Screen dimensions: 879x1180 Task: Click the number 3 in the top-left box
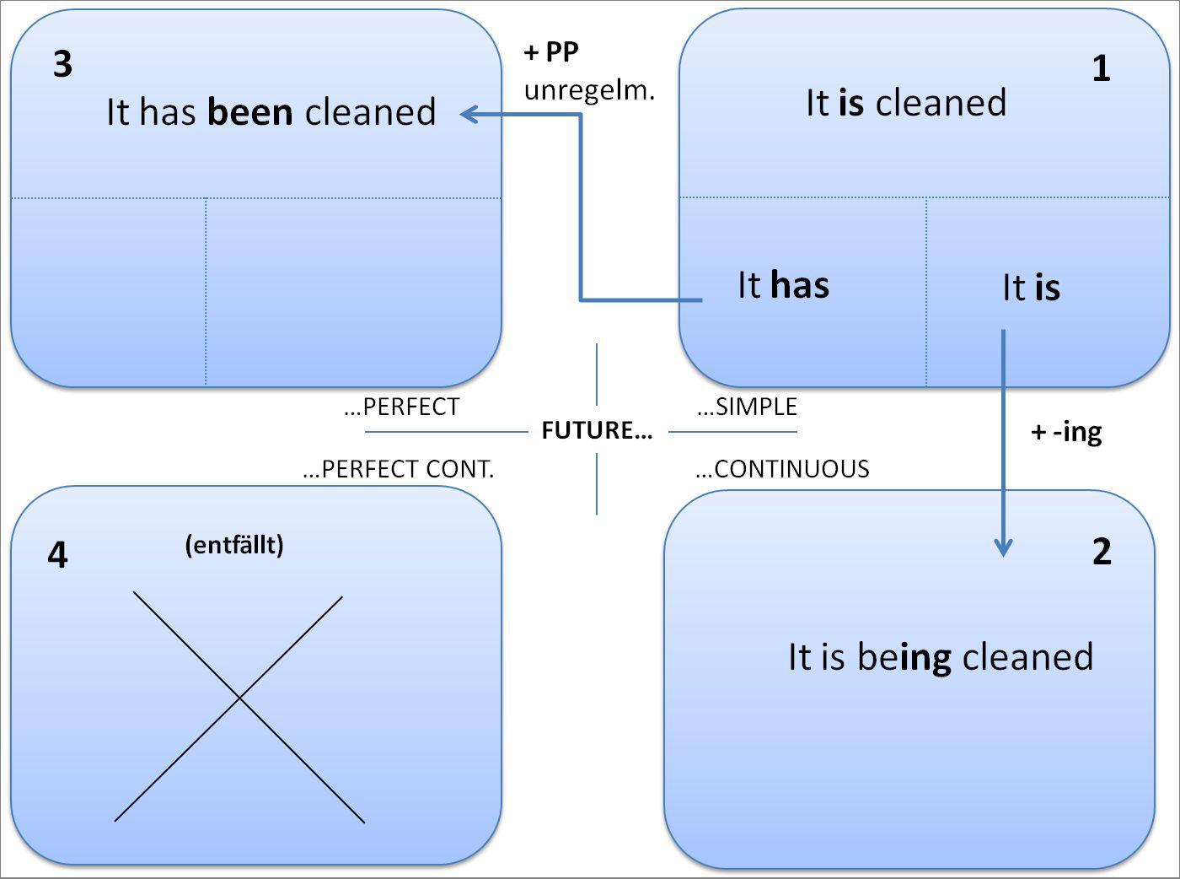[x=62, y=65]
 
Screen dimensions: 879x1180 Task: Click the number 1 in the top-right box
[x=1101, y=68]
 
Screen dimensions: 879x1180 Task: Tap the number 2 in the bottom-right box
[x=1102, y=552]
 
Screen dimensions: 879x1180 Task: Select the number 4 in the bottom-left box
[x=57, y=555]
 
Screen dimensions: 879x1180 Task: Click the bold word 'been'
[x=249, y=112]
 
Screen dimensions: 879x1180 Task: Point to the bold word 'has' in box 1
[x=799, y=285]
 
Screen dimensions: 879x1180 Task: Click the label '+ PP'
[x=551, y=52]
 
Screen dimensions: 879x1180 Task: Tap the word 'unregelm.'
[x=589, y=89]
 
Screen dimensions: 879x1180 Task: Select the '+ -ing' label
[x=1066, y=433]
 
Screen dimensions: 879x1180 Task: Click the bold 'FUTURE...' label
[x=597, y=431]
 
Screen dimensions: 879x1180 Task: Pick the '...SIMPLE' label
[x=747, y=407]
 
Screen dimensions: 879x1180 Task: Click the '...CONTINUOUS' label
[x=782, y=469]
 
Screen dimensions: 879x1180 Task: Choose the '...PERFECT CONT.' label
[x=398, y=470]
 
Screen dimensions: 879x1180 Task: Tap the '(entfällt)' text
[x=234, y=545]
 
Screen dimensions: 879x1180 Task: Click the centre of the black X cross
[x=240, y=698]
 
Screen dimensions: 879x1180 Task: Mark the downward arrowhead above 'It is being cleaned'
[x=1003, y=548]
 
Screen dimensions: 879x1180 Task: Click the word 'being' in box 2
[x=904, y=657]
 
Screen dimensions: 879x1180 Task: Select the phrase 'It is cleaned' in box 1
[x=906, y=103]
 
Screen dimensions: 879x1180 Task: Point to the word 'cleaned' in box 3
[x=370, y=112]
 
